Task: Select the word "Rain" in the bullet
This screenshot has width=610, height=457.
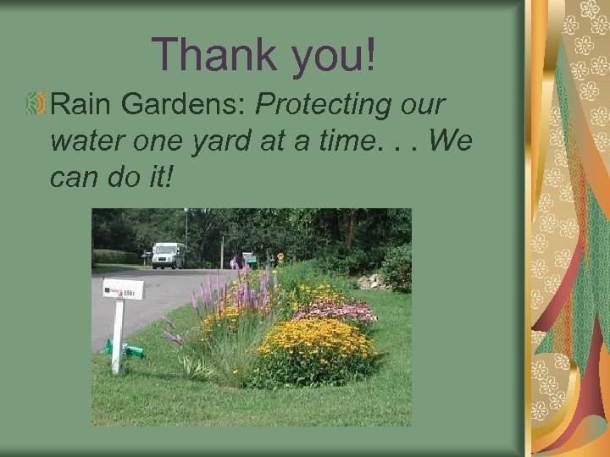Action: [83, 105]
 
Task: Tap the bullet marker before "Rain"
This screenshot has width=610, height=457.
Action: [37, 106]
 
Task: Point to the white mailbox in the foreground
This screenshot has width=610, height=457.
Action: [123, 289]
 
